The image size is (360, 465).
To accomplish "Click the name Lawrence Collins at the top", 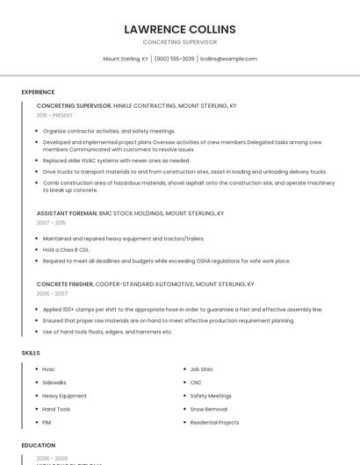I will tap(180, 29).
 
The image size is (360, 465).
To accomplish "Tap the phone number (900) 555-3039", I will tap(174, 59).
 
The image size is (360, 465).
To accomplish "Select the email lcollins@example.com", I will tap(228, 59).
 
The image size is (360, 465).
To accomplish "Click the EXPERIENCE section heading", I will tap(38, 92).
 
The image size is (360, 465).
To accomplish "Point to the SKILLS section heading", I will tap(31, 353).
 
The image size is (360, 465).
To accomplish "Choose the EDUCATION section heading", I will tap(39, 446).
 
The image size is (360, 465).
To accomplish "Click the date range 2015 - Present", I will tap(54, 115).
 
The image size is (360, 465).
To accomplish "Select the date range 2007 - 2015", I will tap(51, 223).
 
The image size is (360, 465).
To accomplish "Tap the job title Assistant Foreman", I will tap(67, 213).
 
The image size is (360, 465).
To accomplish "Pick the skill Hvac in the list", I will tap(48, 369).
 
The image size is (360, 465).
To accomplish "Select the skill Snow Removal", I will tap(209, 409).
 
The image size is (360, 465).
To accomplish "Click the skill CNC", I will tap(196, 383).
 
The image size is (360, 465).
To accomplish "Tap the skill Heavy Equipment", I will tap(64, 396).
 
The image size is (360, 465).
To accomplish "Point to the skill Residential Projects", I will tap(214, 422).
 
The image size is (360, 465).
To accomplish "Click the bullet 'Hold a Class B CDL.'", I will tap(66, 249).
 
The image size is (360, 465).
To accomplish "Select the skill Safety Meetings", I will tap(211, 396).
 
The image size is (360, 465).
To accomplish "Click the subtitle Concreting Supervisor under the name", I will tap(180, 42).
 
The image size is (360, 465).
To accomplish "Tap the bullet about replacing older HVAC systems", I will tap(116, 161).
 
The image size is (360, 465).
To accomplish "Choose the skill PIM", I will tap(47, 422).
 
